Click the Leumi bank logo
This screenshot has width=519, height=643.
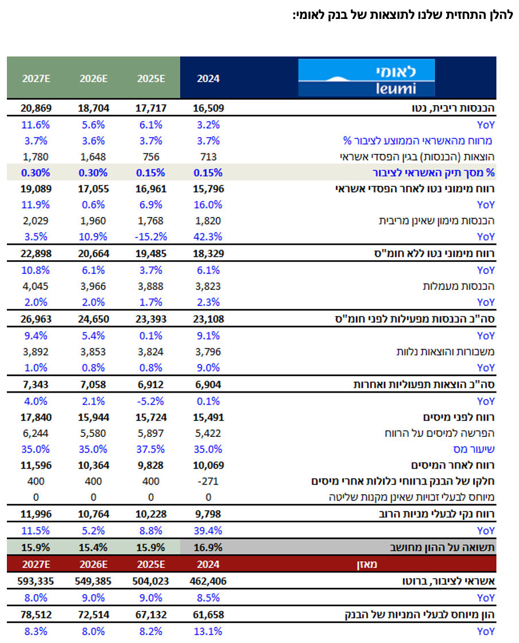(366, 78)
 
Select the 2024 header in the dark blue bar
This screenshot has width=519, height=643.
(208, 78)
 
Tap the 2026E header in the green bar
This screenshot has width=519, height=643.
(94, 78)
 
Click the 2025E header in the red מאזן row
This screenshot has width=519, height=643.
(151, 564)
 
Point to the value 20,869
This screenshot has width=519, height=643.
(36, 109)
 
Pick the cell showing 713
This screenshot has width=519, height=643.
(208, 157)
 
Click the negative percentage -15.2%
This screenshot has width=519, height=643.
(151, 237)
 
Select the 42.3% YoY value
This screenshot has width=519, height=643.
(208, 237)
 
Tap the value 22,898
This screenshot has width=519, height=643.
(36, 253)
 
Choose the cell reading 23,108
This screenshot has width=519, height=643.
(208, 319)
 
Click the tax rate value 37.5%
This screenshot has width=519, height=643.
(151, 449)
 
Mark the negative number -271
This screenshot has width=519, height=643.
(208, 481)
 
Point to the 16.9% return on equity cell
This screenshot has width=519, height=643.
(208, 548)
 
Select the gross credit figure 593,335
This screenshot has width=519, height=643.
(36, 581)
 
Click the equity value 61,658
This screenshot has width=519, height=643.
(208, 615)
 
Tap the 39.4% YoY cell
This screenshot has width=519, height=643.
(208, 530)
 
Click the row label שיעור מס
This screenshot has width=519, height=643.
(474, 449)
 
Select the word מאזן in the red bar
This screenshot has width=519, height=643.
(366, 564)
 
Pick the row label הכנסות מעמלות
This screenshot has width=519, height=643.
(459, 286)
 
